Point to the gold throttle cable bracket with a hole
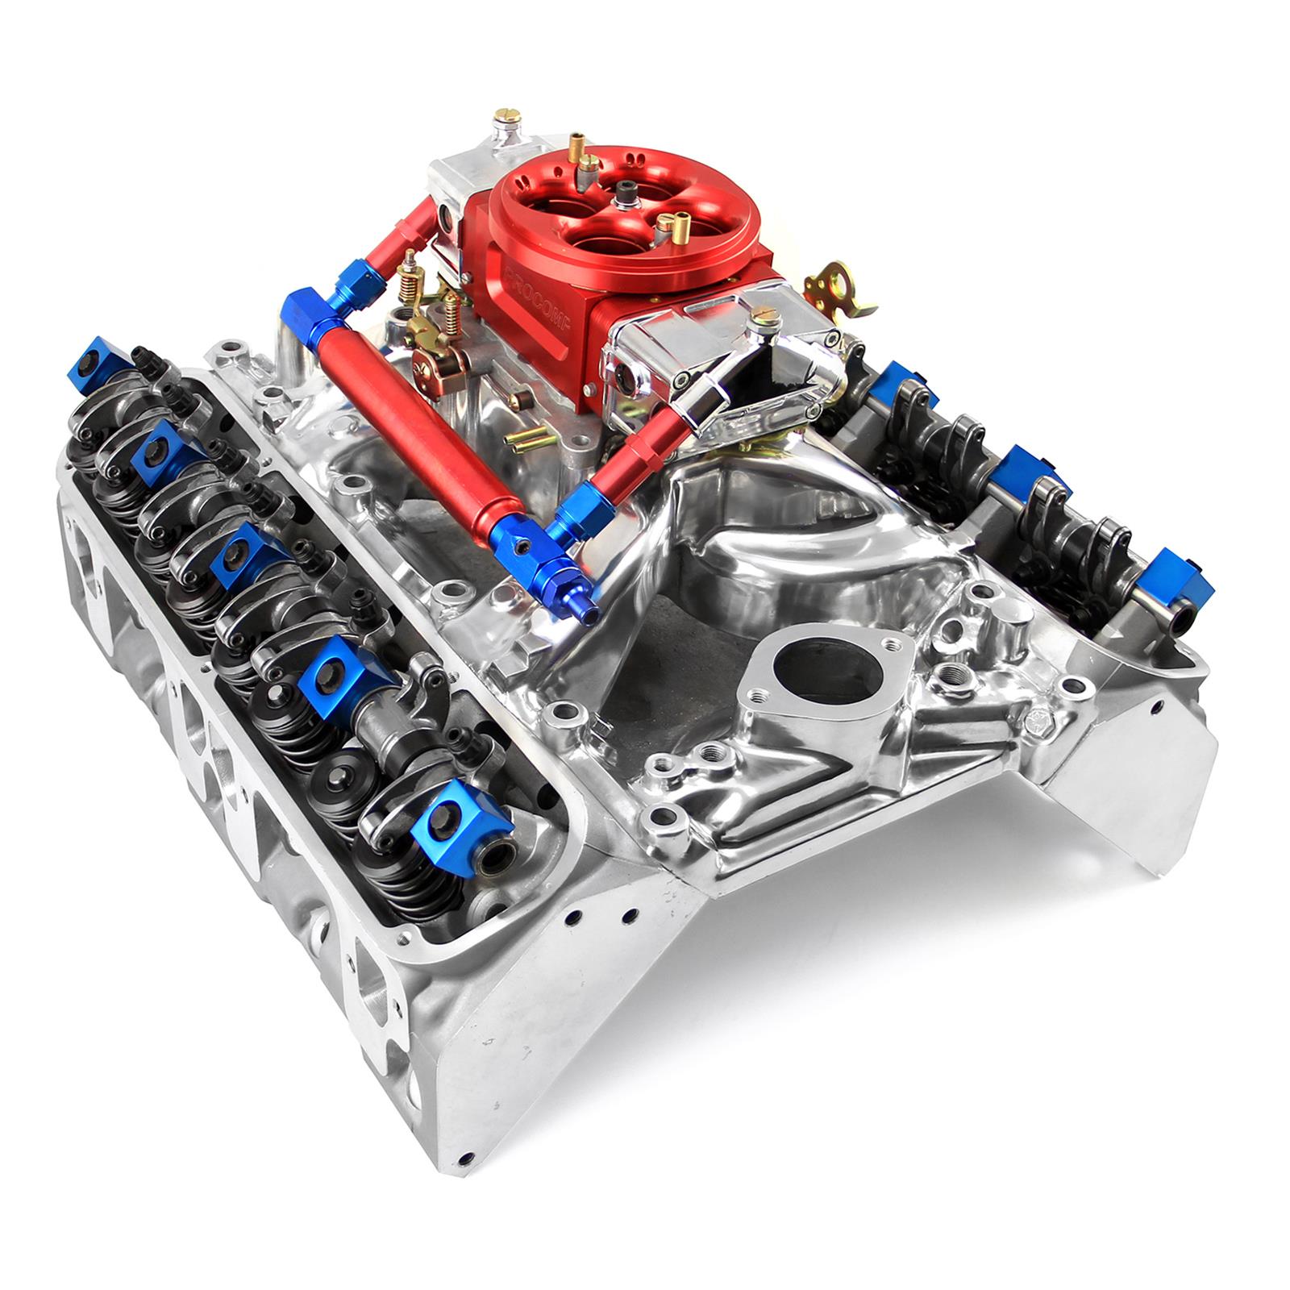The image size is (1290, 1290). tap(843, 286)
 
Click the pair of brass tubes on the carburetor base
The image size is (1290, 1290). tap(524, 439)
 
